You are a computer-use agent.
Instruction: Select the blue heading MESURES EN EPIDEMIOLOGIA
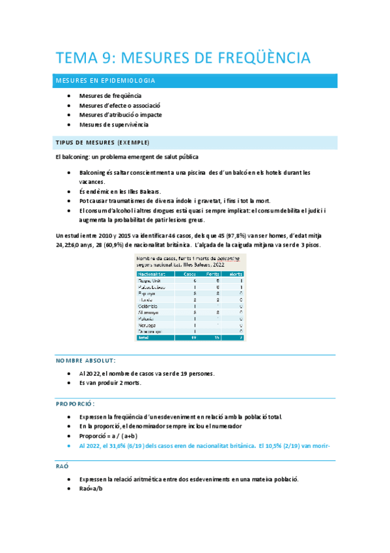tap(105, 81)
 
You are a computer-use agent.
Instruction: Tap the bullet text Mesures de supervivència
tap(113, 124)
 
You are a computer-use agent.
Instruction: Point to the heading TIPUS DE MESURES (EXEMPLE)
tap(102, 142)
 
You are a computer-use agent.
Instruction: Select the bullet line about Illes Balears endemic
tap(120, 192)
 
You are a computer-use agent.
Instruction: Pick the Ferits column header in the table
tap(212, 273)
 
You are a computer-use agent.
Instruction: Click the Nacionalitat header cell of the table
tap(152, 273)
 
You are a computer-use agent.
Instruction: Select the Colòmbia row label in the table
tap(148, 306)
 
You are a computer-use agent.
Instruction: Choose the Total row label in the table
tap(144, 338)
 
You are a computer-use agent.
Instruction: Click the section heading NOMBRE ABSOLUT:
tap(86, 361)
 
